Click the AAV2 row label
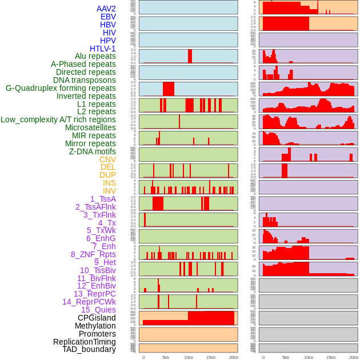[x=106, y=9]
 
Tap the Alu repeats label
[x=95, y=56]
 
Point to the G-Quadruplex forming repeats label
[x=61, y=88]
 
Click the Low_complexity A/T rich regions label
[x=58, y=119]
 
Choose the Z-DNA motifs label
[x=92, y=151]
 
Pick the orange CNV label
[x=107, y=159]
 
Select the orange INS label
[x=109, y=183]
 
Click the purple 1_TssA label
[x=103, y=199]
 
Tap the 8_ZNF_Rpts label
[x=93, y=254]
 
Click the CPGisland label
[x=97, y=318]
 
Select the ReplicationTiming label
[x=84, y=342]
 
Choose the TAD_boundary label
[x=89, y=349]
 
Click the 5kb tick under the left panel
[x=166, y=357]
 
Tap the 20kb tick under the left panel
[x=233, y=357]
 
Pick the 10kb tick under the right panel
[x=309, y=357]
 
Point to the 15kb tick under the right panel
[x=331, y=357]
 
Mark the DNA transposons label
[x=85, y=80]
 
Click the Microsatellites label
[x=90, y=127]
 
